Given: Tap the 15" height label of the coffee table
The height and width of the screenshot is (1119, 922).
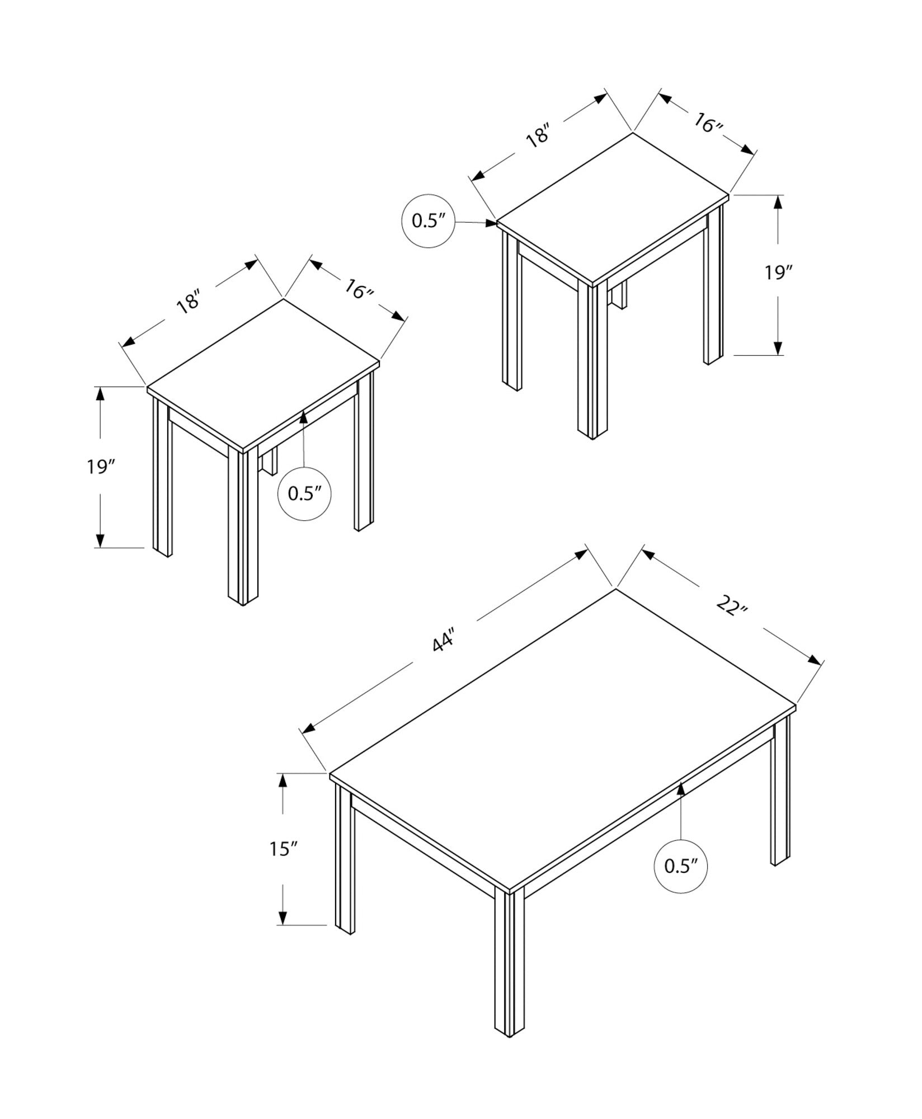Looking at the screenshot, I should click(283, 864).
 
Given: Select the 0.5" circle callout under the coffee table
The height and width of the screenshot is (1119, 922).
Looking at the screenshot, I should click(680, 882).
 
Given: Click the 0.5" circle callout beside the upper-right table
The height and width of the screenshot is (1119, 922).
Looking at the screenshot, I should click(428, 221).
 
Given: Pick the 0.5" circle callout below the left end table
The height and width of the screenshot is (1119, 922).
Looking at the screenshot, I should click(304, 493).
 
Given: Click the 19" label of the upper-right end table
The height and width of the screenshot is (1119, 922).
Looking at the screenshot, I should click(779, 273).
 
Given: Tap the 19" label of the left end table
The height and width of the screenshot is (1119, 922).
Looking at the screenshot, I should click(101, 466).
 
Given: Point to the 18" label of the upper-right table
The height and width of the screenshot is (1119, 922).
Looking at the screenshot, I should click(539, 137).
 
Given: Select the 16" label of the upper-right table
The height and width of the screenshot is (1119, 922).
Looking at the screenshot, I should click(709, 123).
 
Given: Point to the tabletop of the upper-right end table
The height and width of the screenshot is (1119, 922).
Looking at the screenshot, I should click(613, 207).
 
